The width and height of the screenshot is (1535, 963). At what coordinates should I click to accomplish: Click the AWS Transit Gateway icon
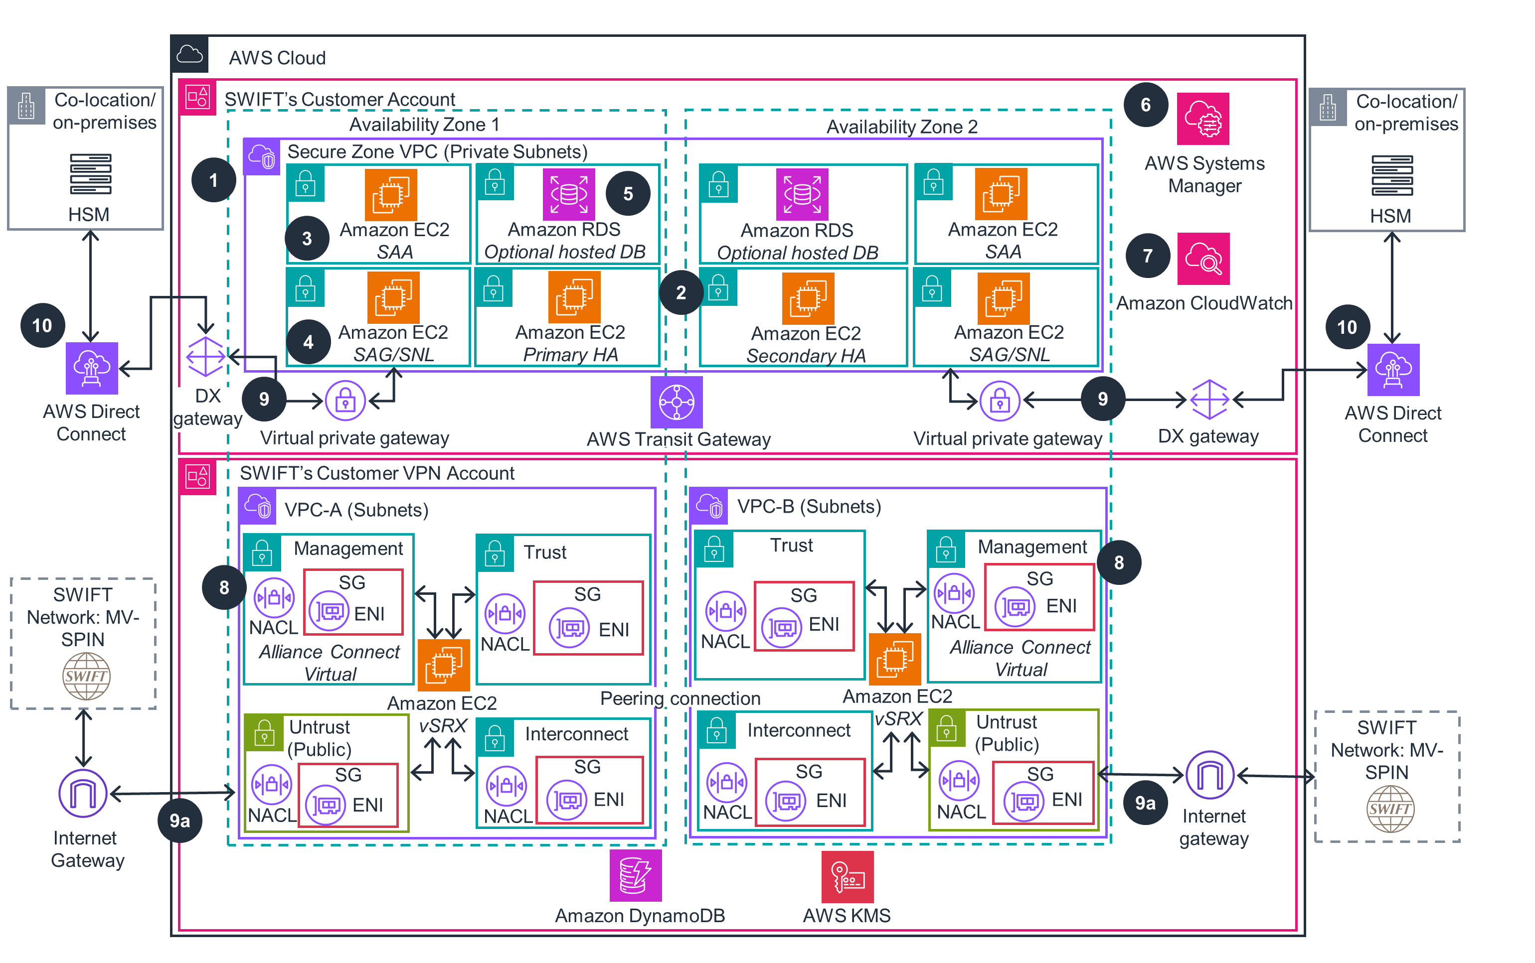click(x=676, y=402)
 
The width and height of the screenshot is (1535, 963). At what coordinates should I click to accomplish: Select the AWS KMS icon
click(x=847, y=876)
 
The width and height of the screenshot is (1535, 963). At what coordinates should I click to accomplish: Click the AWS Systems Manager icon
click(x=1202, y=119)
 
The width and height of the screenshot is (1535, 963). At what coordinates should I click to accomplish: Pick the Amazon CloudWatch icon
click(x=1203, y=259)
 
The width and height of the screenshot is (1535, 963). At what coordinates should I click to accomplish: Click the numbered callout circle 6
click(x=1145, y=105)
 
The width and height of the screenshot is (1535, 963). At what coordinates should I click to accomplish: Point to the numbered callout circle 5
click(x=628, y=194)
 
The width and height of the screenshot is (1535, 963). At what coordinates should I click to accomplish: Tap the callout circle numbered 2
click(x=681, y=292)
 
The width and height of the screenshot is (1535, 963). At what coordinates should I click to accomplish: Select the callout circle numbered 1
click(x=213, y=180)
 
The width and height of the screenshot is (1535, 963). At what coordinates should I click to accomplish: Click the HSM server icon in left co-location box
click(x=90, y=173)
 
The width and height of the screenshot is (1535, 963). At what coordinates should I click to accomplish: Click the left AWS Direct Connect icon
click(x=92, y=368)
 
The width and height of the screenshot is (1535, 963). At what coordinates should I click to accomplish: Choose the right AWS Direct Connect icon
click(x=1393, y=369)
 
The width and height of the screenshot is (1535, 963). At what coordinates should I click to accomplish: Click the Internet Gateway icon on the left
click(x=83, y=793)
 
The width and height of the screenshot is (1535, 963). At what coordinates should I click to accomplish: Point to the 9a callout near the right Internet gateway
click(x=1145, y=803)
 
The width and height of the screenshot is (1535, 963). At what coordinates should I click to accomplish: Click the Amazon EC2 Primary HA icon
click(x=574, y=297)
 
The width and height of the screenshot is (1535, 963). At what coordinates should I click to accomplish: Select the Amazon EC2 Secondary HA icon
click(x=808, y=298)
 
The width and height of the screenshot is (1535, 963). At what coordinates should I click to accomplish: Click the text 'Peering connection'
click(x=680, y=698)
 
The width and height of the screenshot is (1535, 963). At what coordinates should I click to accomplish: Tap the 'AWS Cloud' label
click(x=277, y=58)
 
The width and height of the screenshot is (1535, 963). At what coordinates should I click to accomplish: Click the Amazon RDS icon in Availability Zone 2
click(x=802, y=194)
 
